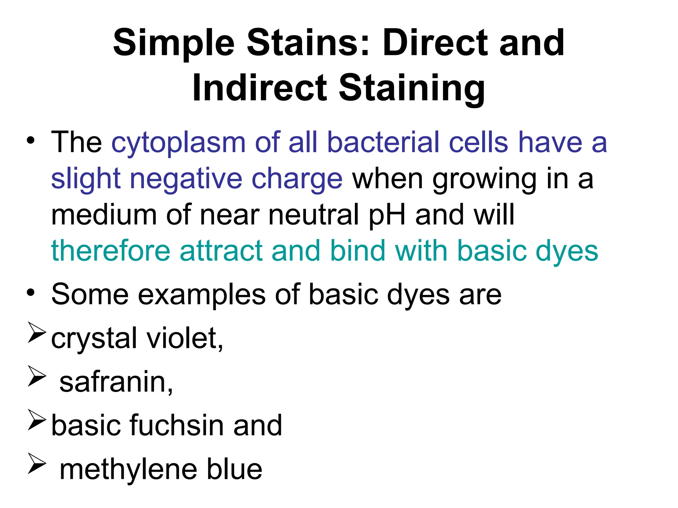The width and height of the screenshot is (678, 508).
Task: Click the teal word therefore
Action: (x=111, y=251)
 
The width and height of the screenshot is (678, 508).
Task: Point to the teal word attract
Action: (x=221, y=251)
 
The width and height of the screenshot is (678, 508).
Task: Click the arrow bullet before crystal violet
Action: (x=36, y=332)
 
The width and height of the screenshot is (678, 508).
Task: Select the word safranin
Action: (x=116, y=382)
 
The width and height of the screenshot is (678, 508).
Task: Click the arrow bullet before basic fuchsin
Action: (x=36, y=420)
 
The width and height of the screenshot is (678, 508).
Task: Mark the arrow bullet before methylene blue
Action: (x=36, y=463)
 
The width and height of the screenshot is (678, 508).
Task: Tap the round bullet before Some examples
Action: (x=31, y=293)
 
